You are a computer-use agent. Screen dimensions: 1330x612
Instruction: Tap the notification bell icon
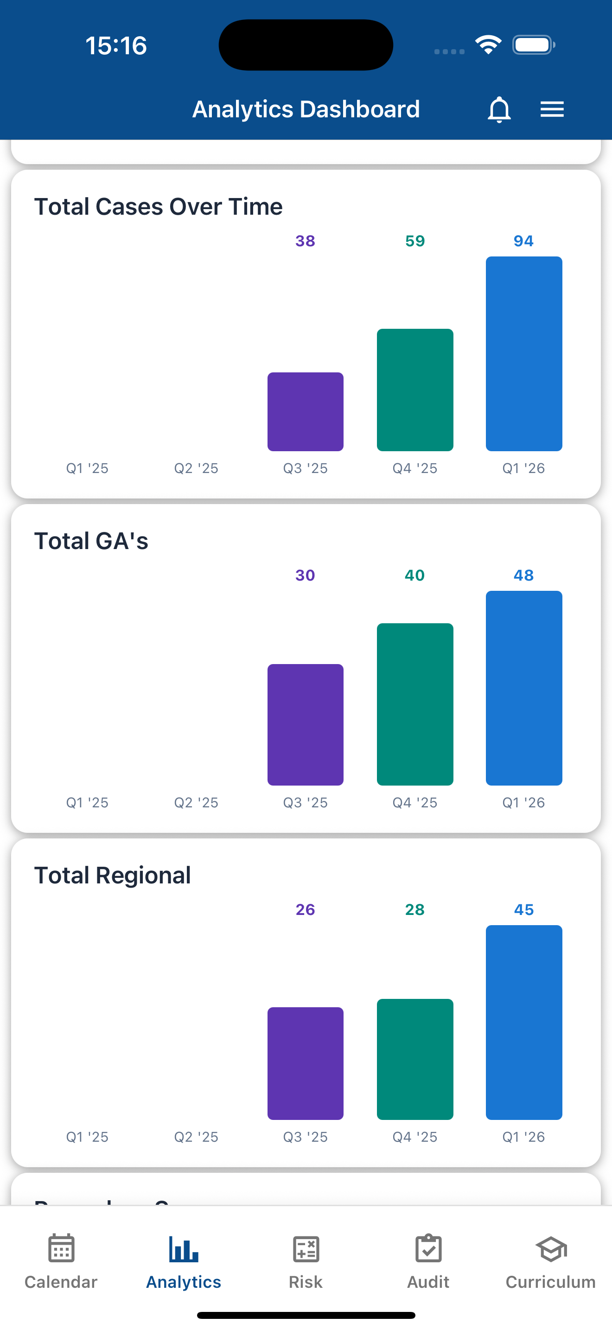tap(499, 109)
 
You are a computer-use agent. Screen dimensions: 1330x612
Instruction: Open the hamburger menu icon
tap(552, 109)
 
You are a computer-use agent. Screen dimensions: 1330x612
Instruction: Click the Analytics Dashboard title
tap(306, 109)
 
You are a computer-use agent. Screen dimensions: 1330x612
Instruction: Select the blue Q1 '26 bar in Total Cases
tap(524, 354)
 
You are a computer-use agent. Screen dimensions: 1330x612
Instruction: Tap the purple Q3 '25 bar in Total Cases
tap(306, 411)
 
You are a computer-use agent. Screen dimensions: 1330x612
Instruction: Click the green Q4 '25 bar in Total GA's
tap(415, 704)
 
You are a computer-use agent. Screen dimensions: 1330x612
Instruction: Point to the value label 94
tap(523, 241)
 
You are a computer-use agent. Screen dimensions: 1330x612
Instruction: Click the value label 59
tap(415, 241)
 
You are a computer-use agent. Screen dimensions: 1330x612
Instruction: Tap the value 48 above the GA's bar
tap(523, 575)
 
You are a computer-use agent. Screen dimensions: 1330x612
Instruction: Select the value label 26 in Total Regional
tap(306, 910)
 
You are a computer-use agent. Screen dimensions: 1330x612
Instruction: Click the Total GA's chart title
tap(91, 541)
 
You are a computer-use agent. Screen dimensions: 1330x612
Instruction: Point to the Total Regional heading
tap(113, 876)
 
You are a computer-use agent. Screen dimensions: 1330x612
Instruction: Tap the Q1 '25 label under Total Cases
tap(87, 468)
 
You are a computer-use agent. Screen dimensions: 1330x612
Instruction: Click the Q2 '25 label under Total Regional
tap(196, 1137)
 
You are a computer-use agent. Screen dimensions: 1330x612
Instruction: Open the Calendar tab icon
tap(61, 1248)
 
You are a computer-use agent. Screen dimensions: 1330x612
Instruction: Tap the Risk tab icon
tap(306, 1249)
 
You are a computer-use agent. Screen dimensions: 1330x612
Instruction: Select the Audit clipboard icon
tap(428, 1248)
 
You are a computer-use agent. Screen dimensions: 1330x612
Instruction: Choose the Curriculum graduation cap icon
tap(551, 1249)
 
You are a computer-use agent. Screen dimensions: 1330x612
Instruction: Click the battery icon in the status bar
tap(533, 45)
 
